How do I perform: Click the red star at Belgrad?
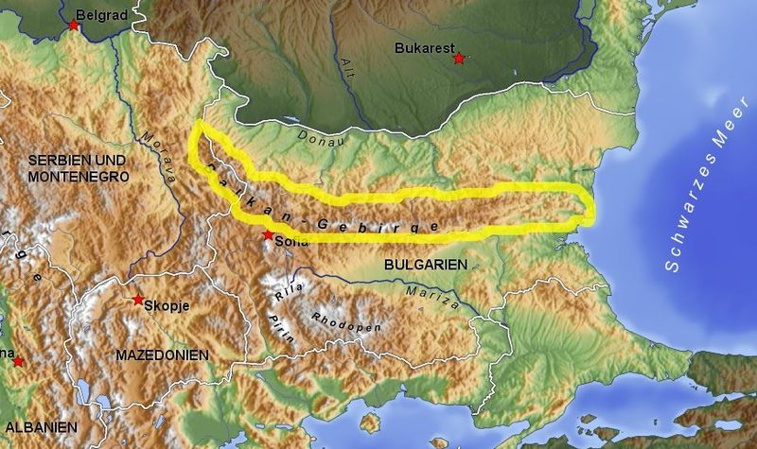(75, 26)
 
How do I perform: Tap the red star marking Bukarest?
(459, 59)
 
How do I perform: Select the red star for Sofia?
(269, 234)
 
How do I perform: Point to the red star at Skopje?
(139, 299)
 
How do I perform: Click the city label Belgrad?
(106, 16)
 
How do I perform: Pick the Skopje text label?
(167, 304)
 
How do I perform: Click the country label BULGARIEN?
(426, 267)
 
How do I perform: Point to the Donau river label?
(321, 137)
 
